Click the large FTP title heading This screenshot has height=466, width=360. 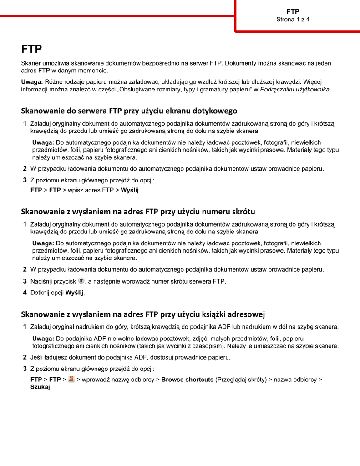click(32, 49)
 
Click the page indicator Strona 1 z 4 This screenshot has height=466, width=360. click(293, 20)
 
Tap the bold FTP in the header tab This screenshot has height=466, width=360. click(293, 11)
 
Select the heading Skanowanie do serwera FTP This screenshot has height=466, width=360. click(129, 111)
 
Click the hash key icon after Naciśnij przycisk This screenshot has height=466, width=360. click(81, 281)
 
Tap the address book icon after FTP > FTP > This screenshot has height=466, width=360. click(71, 379)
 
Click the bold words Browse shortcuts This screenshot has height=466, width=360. click(188, 380)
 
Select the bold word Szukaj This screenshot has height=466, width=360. click(40, 387)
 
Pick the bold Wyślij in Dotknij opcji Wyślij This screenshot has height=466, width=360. click(75, 293)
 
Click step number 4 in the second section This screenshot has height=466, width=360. click(25, 293)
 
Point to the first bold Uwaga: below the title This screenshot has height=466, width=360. click(32, 82)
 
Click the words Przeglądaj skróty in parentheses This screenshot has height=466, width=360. click(241, 380)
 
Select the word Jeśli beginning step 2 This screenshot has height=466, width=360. click(37, 357)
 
